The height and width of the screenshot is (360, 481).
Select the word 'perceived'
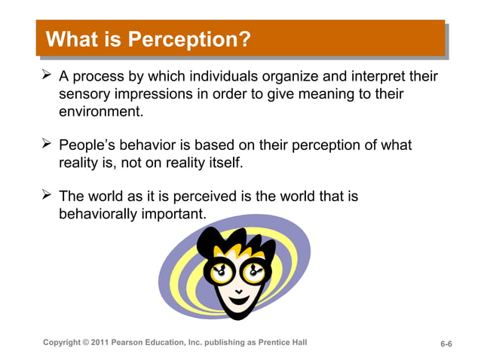pyautogui.click(x=204, y=196)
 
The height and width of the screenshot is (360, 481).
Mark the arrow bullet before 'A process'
pyautogui.click(x=46, y=76)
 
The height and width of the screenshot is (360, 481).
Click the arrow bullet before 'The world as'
pyautogui.click(x=46, y=195)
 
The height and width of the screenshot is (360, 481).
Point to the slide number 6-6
pyautogui.click(x=446, y=344)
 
